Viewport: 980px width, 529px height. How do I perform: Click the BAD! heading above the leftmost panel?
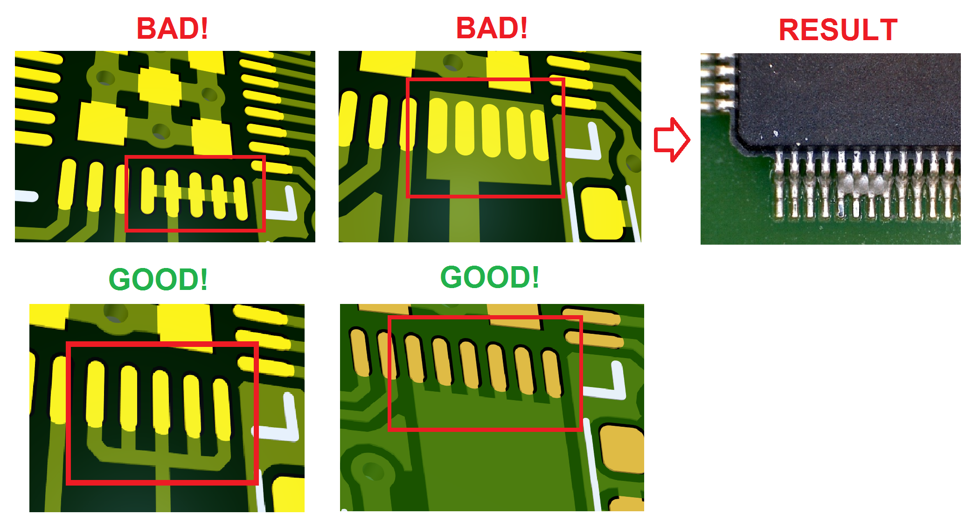click(x=172, y=28)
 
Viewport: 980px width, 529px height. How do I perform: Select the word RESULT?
click(x=838, y=30)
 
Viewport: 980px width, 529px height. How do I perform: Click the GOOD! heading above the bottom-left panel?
click(x=158, y=279)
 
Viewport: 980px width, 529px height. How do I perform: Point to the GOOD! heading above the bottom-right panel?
click(x=490, y=277)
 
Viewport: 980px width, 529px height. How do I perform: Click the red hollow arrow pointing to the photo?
click(x=672, y=140)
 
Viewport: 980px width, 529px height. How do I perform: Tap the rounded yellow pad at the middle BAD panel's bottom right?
click(x=602, y=213)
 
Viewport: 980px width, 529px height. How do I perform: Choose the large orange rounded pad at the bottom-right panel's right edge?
click(x=622, y=448)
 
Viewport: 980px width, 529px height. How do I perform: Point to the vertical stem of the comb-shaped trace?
click(x=163, y=488)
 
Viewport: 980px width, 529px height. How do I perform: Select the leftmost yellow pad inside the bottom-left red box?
click(x=96, y=393)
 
